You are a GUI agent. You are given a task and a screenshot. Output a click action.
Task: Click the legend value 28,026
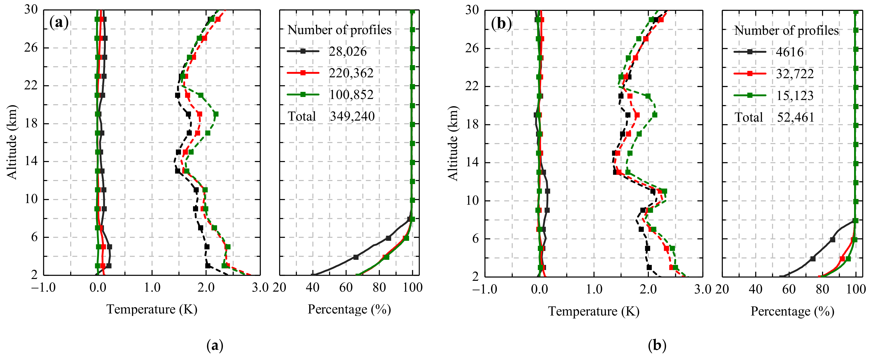[347, 52]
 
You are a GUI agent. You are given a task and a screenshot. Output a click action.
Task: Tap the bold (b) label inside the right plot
[501, 24]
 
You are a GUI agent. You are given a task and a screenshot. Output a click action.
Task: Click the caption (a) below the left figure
[215, 346]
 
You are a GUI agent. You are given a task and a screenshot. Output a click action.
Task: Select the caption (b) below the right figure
[657, 346]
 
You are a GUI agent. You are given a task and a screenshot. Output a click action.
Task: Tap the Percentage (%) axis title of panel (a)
[349, 309]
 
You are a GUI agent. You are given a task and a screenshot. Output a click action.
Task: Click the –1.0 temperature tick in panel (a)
[43, 288]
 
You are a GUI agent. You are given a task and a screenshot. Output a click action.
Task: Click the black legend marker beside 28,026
[303, 51]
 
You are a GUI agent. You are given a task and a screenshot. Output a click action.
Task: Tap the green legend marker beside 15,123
[750, 96]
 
